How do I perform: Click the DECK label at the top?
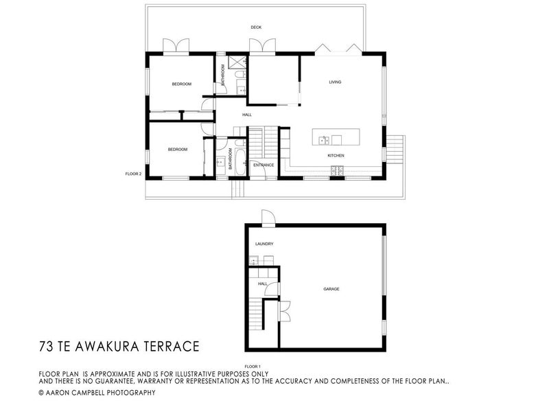256,27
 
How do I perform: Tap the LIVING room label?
335,82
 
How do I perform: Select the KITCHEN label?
336,157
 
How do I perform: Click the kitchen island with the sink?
335,137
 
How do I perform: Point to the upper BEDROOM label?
181,84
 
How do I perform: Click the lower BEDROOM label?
177,149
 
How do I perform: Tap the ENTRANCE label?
264,165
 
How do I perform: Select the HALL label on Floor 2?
246,115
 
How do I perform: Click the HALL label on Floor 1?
262,284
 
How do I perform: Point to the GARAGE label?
331,289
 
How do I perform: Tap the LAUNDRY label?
264,244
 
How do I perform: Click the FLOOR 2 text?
133,174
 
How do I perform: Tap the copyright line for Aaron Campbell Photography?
97,393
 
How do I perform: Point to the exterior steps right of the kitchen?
395,147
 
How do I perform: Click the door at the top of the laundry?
268,219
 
